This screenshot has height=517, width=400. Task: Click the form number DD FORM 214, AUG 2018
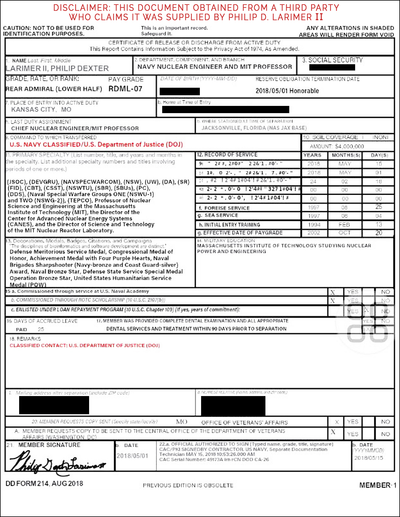click(44, 483)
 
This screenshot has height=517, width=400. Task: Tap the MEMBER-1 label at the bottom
click(378, 485)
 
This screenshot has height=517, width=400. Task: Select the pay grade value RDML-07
click(125, 89)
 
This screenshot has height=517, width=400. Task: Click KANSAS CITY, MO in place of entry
click(41, 109)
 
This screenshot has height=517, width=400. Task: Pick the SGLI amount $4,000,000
click(349, 146)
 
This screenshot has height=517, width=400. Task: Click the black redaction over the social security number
click(332, 67)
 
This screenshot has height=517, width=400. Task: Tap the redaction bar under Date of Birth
click(180, 91)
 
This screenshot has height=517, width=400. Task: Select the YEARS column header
click(312, 155)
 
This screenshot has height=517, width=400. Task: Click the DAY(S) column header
click(379, 155)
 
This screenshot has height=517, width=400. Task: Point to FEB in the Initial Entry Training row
click(344, 225)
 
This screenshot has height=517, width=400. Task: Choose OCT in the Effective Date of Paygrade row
click(344, 233)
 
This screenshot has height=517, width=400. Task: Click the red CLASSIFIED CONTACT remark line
click(85, 345)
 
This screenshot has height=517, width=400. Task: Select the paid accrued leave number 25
click(41, 329)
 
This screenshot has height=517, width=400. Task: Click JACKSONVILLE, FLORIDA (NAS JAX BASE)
click(254, 128)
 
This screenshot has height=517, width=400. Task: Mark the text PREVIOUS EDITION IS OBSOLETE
click(188, 485)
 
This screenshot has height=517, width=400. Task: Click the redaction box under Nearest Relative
click(233, 406)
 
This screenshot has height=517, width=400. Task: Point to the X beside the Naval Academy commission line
click(333, 293)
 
